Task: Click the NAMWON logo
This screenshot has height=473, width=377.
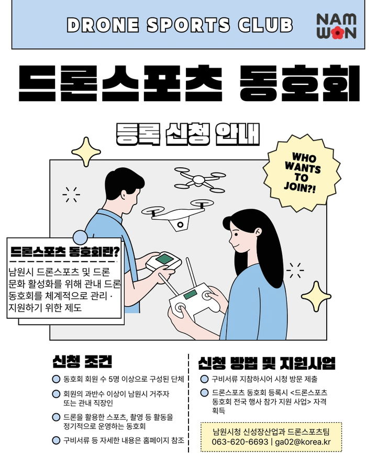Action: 336,26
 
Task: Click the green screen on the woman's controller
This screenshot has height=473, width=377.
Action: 190,294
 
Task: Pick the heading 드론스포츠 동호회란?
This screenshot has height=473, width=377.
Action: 65,251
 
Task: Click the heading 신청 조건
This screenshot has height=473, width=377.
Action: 82,362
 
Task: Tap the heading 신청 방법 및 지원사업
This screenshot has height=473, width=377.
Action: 267,363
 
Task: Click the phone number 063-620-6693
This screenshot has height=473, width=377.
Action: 240,442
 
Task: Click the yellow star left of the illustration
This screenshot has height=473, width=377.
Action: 86,152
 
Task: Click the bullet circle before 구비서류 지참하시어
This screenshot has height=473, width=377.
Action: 205,379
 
